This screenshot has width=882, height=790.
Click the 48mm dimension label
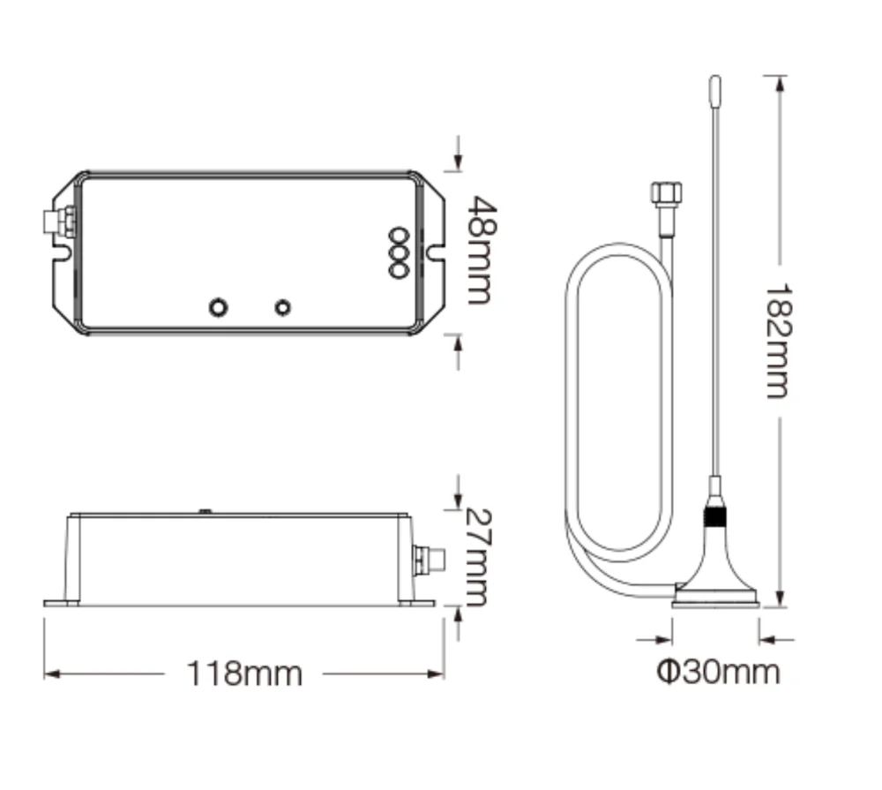click(x=482, y=251)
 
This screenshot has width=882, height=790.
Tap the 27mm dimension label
click(x=479, y=558)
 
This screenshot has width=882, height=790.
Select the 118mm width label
click(x=244, y=673)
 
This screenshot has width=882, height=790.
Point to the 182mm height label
click(x=780, y=342)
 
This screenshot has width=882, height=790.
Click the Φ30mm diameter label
click(x=718, y=672)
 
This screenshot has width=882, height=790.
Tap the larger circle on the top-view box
click(x=218, y=307)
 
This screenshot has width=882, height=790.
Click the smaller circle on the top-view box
click(x=282, y=307)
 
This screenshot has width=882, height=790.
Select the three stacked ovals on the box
click(x=398, y=252)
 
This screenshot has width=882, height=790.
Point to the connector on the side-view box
click(x=429, y=560)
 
